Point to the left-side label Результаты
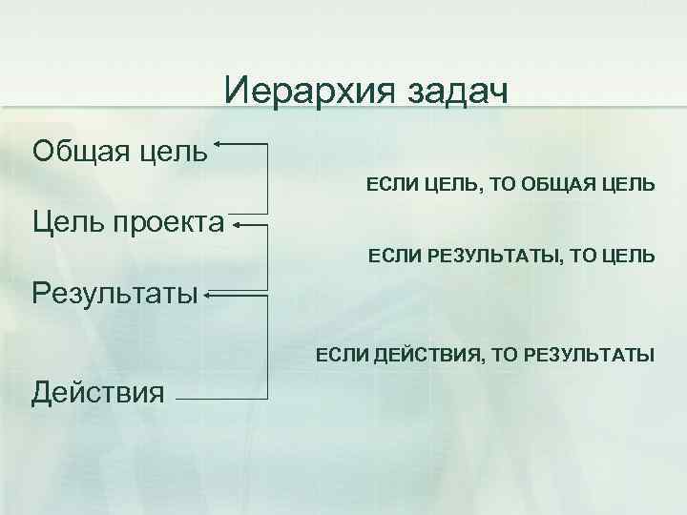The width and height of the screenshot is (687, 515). click(x=115, y=291)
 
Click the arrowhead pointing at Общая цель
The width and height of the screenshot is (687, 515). click(x=219, y=144)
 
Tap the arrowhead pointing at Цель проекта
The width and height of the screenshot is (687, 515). click(x=235, y=226)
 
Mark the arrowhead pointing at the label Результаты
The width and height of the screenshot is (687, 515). click(x=207, y=296)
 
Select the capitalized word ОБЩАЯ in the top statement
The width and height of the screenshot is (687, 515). click(x=566, y=182)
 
